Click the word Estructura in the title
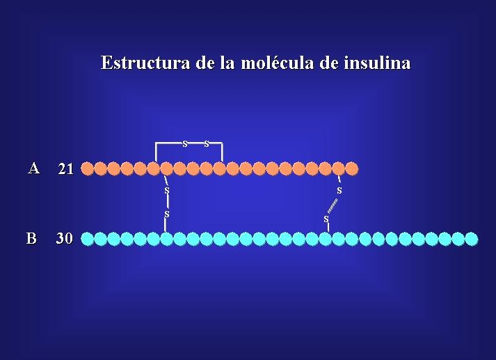pyautogui.click(x=145, y=62)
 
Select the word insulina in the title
pyautogui.click(x=377, y=62)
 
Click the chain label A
pyautogui.click(x=34, y=168)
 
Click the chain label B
pyautogui.click(x=31, y=238)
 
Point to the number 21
pyautogui.click(x=66, y=169)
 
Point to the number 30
pyautogui.click(x=65, y=238)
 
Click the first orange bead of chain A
pyautogui.click(x=88, y=169)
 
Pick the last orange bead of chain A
pyautogui.click(x=352, y=169)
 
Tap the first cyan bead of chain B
pyautogui.click(x=88, y=239)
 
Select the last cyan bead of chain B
pyautogui.click(x=472, y=239)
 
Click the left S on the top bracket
pyautogui.click(x=185, y=144)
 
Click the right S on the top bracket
pyautogui.click(x=207, y=144)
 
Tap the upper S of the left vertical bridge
pyautogui.click(x=167, y=191)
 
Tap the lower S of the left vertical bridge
pyautogui.click(x=167, y=214)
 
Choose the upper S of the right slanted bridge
pyautogui.click(x=339, y=191)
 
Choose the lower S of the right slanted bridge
pyautogui.click(x=326, y=219)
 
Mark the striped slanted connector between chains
pyautogui.click(x=333, y=206)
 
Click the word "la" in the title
pyautogui.click(x=227, y=62)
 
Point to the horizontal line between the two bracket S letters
pyautogui.click(x=195, y=143)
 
